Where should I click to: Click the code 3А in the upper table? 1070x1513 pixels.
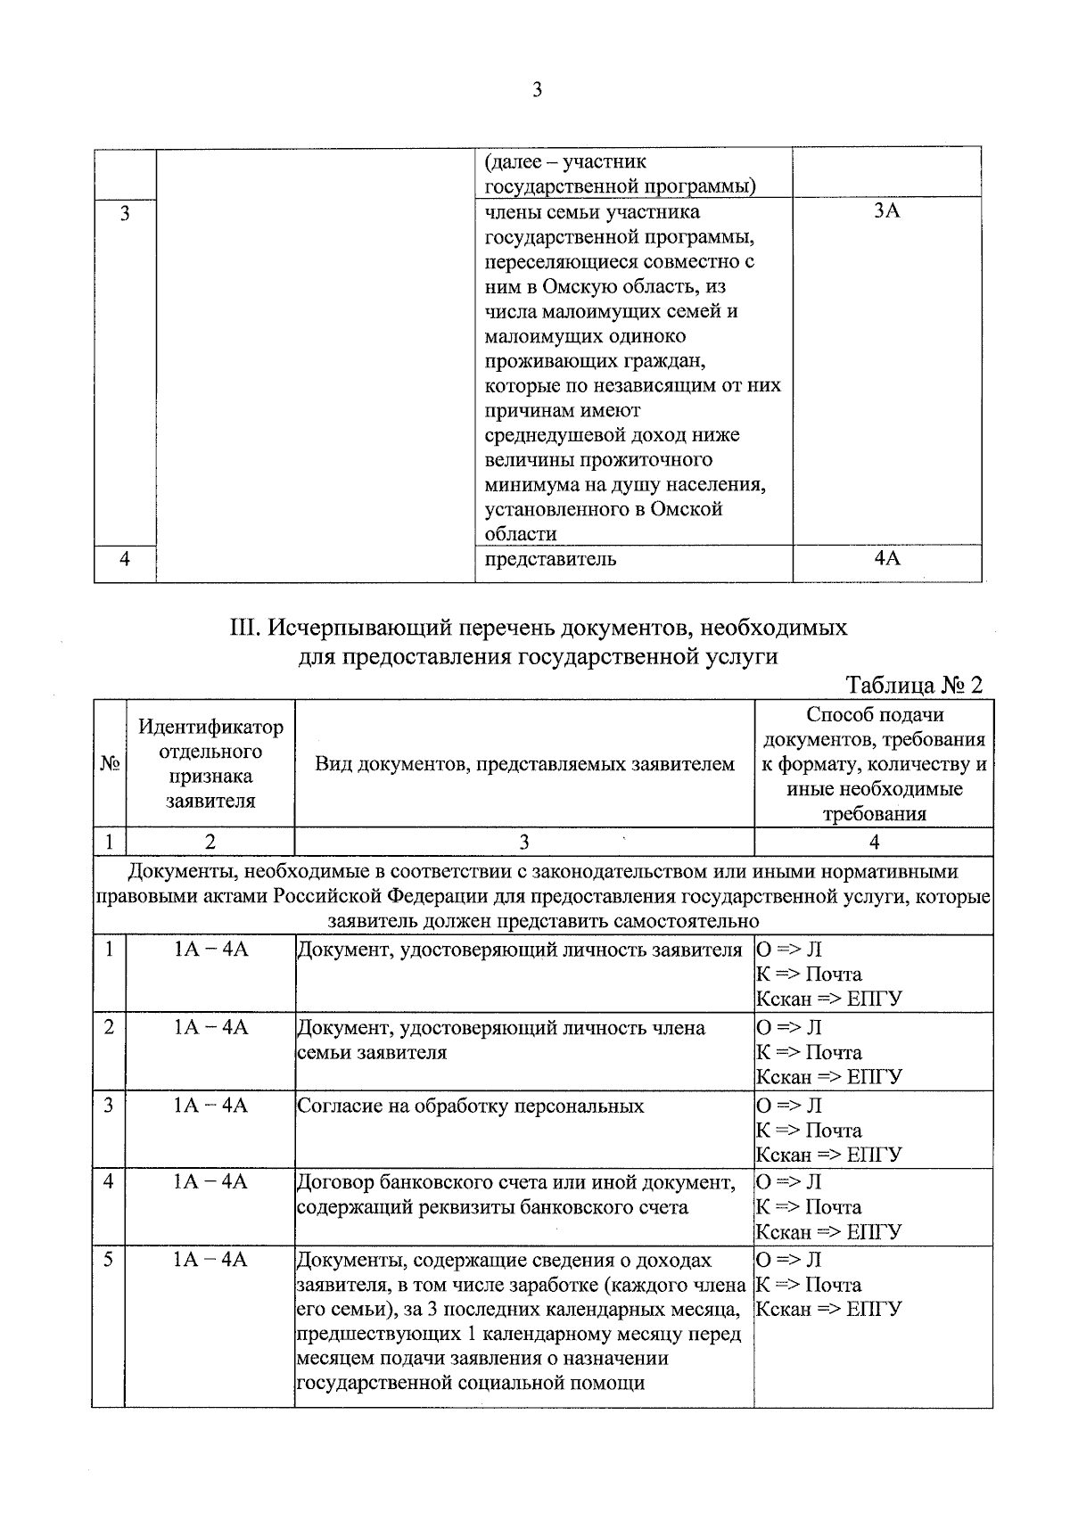(886, 211)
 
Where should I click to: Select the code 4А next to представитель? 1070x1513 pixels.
(886, 559)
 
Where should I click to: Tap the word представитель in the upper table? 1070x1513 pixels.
(550, 560)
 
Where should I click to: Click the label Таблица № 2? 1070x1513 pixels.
(914, 685)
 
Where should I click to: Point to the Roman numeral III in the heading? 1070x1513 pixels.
(243, 628)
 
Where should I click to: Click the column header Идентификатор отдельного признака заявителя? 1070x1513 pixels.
(210, 764)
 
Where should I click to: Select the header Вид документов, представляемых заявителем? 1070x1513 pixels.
(524, 764)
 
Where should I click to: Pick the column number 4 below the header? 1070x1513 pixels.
(874, 842)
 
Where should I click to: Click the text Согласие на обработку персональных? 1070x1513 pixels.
(470, 1106)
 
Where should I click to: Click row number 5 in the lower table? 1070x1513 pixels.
(108, 1261)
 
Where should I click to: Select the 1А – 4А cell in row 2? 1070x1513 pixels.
(210, 1028)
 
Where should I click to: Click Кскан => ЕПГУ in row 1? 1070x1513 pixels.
(828, 999)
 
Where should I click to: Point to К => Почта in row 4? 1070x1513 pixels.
(809, 1207)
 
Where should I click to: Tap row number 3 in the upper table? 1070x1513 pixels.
(125, 213)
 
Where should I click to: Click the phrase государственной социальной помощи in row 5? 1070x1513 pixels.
(470, 1384)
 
